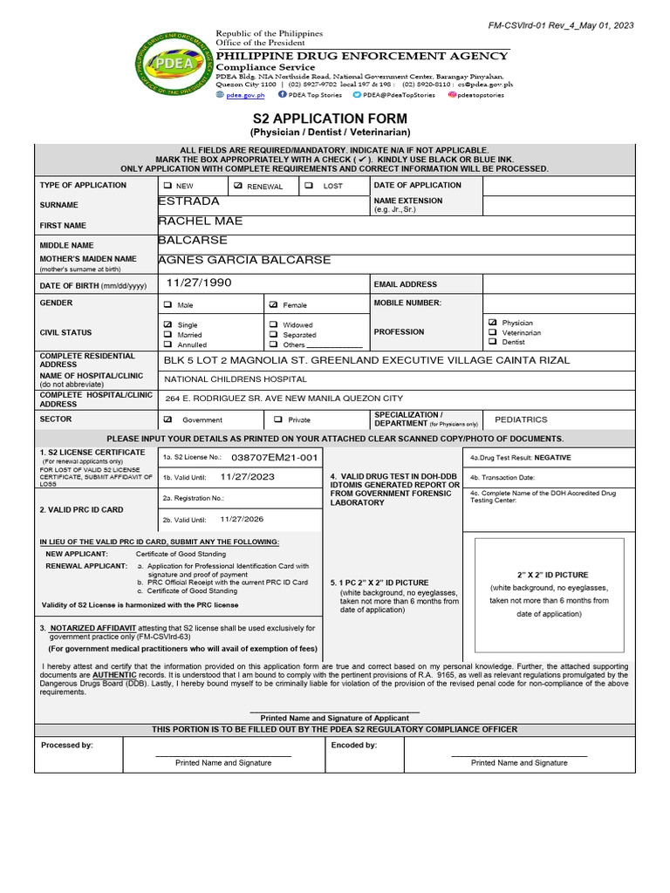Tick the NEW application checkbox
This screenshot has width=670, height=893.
167,186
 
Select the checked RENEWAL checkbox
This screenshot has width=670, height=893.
237,186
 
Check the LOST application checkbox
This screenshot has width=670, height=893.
309,186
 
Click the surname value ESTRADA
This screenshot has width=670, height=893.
188,201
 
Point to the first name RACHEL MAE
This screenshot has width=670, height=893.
200,222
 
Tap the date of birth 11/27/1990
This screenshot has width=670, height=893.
199,283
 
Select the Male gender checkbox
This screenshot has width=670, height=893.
167,305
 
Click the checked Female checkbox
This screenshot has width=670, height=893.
273,305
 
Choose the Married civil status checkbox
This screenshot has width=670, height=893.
167,335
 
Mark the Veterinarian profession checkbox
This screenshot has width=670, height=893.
494,332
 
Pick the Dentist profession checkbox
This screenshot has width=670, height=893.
494,342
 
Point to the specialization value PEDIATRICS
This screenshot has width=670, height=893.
521,419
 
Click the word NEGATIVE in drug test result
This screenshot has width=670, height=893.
552,457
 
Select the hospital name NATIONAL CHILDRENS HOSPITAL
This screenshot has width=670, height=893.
236,379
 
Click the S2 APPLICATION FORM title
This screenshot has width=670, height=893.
330,118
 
